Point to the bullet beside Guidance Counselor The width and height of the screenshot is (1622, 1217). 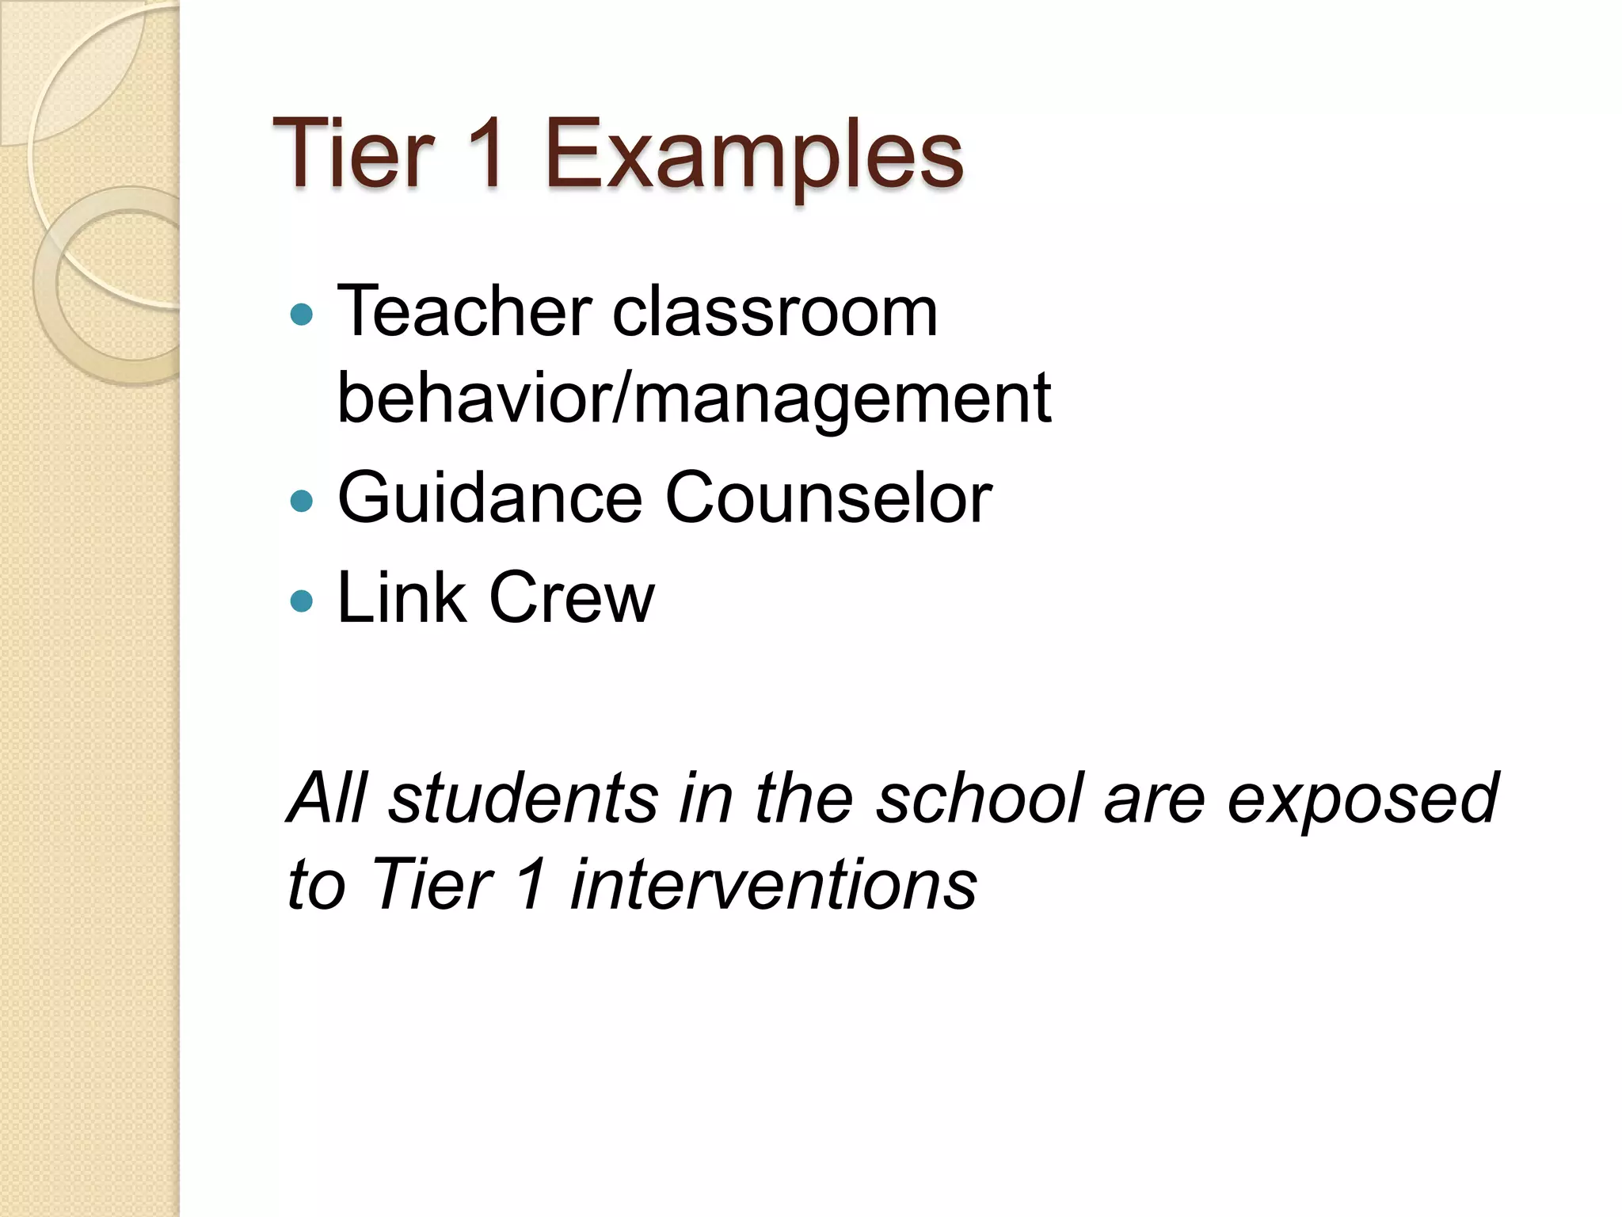302,501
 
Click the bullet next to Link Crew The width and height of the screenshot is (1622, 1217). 302,601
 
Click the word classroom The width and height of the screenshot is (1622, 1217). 775,311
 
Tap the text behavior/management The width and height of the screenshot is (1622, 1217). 694,399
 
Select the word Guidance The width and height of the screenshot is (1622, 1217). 489,498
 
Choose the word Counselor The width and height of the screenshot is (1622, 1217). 828,498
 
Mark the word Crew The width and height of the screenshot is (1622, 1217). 572,597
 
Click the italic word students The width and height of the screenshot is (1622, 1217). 524,798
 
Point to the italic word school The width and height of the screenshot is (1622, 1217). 980,798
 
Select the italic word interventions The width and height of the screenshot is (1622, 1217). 773,884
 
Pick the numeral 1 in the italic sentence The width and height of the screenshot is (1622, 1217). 531,884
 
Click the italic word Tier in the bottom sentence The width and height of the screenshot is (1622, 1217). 431,884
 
